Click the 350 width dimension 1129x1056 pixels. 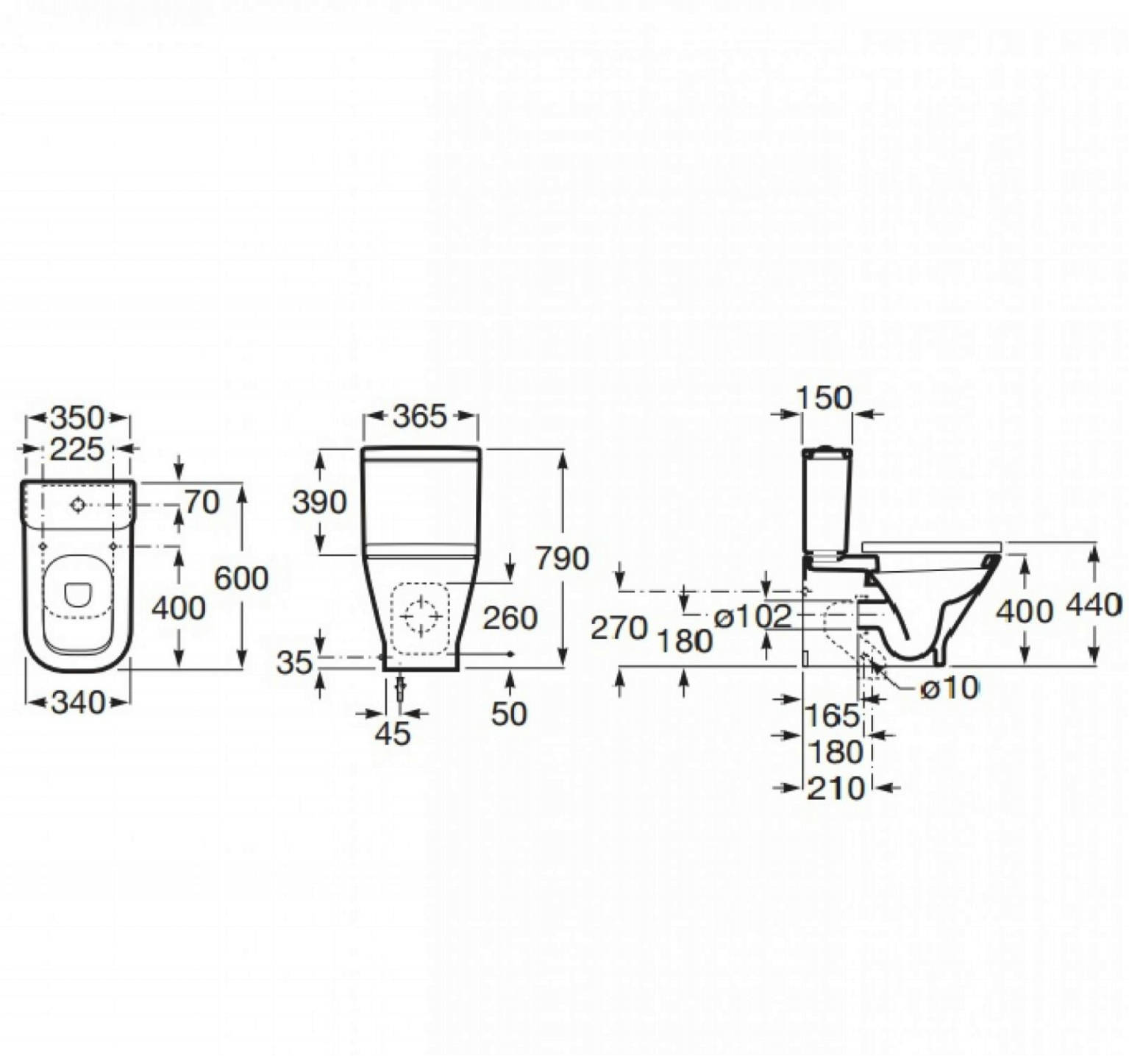point(77,417)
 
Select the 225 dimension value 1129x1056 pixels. point(77,449)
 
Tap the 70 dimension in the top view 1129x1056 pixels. point(202,503)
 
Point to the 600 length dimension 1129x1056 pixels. point(241,578)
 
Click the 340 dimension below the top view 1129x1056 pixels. point(78,703)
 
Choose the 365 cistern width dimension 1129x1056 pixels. point(419,417)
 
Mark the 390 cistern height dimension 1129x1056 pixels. point(319,503)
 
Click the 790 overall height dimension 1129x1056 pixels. point(562,559)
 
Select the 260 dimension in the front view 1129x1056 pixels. point(510,618)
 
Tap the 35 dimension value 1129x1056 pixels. point(294,663)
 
